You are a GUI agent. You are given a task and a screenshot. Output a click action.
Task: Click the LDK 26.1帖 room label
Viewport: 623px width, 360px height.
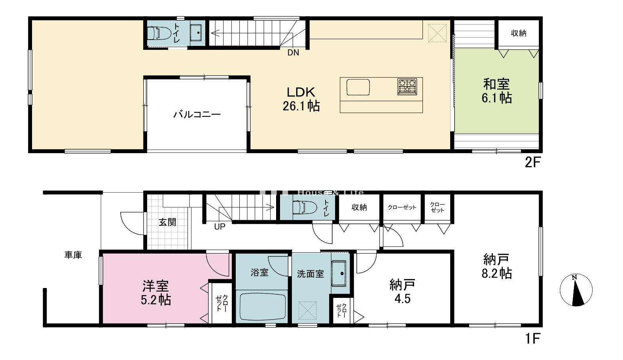coord(301,99)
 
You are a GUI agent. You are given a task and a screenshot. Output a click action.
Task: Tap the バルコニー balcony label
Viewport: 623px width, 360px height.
coord(197,115)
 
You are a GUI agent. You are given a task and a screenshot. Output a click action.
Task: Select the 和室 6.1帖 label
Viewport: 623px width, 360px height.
coord(496,91)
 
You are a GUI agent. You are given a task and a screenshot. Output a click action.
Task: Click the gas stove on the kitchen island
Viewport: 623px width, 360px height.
coord(407,86)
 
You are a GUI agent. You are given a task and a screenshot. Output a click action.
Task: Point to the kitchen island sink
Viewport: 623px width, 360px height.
coord(358,87)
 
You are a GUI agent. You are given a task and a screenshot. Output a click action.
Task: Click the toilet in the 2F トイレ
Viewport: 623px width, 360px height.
coord(159,33)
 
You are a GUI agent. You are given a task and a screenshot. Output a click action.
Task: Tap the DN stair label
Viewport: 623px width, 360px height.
coord(293,53)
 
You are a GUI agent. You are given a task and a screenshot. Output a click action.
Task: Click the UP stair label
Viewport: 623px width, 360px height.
coord(220,227)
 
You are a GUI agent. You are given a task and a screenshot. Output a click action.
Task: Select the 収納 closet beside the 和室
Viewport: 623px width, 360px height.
coord(518,33)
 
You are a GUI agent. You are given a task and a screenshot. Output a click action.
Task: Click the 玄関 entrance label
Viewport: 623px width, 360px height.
coord(167,222)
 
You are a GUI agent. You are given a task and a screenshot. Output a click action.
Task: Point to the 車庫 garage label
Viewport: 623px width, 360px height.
coord(73,255)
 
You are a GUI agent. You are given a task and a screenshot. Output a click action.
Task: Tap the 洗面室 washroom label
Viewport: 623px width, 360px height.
coord(311,274)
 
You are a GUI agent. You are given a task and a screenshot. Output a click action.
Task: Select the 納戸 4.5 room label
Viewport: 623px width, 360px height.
coord(402,291)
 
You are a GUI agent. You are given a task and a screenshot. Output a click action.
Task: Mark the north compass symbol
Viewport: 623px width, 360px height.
coord(576,290)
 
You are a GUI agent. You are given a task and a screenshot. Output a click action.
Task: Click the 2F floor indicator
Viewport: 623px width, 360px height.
coord(532,163)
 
